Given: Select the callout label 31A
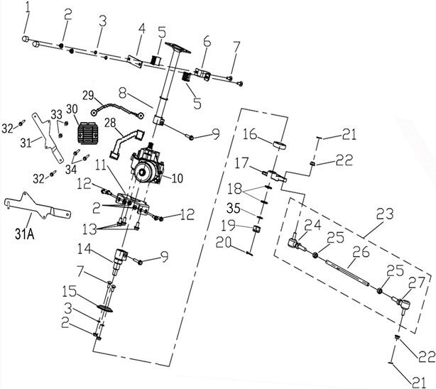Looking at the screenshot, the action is pyautogui.click(x=24, y=235).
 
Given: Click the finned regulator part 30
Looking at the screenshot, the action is pyautogui.click(x=87, y=133).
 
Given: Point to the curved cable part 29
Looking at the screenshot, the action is pyautogui.click(x=116, y=109).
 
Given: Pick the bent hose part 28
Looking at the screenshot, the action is pyautogui.click(x=126, y=144).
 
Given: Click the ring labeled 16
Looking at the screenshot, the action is pyautogui.click(x=279, y=146).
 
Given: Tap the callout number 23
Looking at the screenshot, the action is pyautogui.click(x=385, y=214).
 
